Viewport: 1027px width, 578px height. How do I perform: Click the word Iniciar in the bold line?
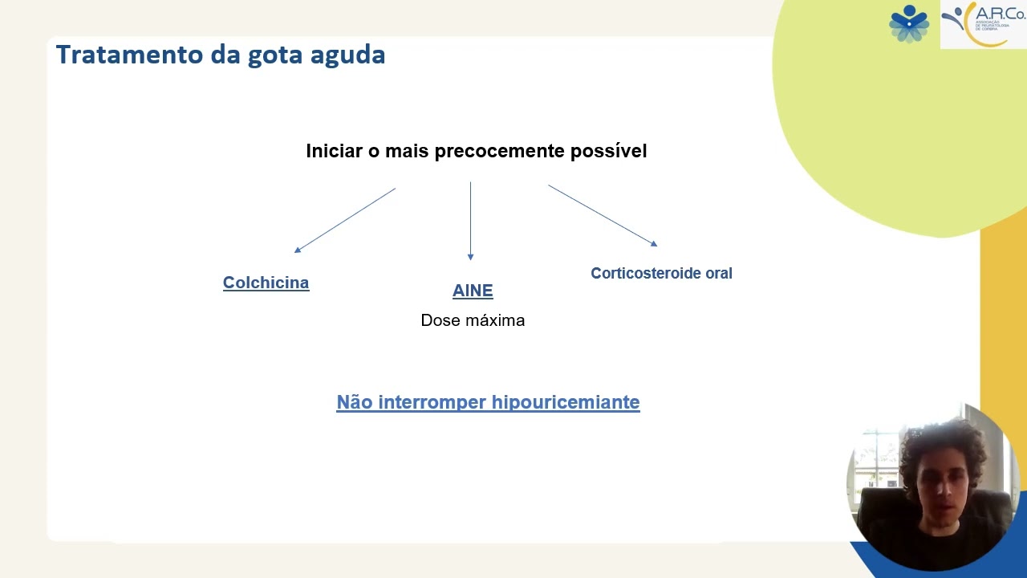tap(334, 151)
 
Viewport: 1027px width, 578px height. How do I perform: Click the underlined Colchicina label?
tap(266, 283)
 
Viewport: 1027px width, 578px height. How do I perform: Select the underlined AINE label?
tap(473, 291)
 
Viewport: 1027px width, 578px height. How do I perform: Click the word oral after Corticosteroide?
tap(719, 273)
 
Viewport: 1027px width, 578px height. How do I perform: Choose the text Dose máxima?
tap(473, 320)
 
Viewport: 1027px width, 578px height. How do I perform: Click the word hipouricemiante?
tap(566, 402)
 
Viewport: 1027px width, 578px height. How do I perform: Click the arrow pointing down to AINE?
tap(470, 221)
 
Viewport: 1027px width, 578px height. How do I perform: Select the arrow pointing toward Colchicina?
tap(345, 220)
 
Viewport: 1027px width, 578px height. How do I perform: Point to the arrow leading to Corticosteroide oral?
tap(603, 215)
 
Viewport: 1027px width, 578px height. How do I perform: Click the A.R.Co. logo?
tap(983, 24)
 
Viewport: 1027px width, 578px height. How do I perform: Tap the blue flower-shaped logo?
tap(909, 23)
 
